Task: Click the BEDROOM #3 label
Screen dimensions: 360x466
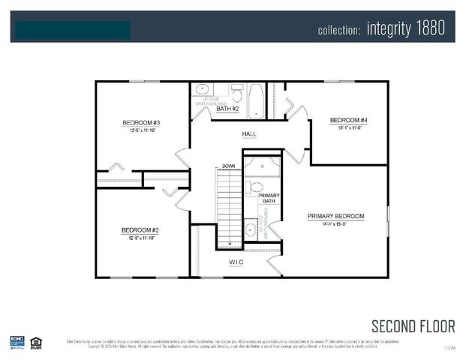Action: pyautogui.click(x=142, y=122)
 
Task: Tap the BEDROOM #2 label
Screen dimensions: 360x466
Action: pyautogui.click(x=142, y=230)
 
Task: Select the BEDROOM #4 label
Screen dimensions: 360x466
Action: pyautogui.click(x=348, y=120)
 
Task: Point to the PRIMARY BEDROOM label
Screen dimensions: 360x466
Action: pyautogui.click(x=335, y=216)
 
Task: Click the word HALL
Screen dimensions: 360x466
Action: pyautogui.click(x=248, y=134)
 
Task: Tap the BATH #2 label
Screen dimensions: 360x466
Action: pyautogui.click(x=227, y=109)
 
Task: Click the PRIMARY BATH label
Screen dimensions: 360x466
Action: pyautogui.click(x=269, y=199)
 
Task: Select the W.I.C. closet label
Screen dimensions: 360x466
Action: pyautogui.click(x=236, y=262)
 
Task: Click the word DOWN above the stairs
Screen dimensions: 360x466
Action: pyautogui.click(x=229, y=166)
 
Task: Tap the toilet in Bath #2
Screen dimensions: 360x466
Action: pyautogui.click(x=236, y=94)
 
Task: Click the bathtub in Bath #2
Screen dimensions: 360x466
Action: pyautogui.click(x=255, y=100)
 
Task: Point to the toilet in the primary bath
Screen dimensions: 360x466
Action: pyautogui.click(x=255, y=187)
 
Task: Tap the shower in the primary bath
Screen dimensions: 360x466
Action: pyautogui.click(x=262, y=166)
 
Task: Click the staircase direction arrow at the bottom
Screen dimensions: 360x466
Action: pyautogui.click(x=230, y=244)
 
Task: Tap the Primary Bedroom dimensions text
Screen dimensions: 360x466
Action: pyautogui.click(x=335, y=223)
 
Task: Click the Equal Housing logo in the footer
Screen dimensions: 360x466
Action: pyautogui.click(x=36, y=343)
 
